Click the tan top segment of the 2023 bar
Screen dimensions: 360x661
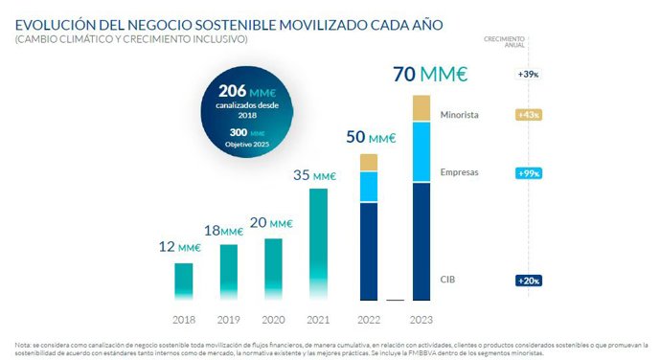(421, 108)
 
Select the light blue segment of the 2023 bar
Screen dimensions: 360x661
(421, 152)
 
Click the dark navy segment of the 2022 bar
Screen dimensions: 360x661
(369, 251)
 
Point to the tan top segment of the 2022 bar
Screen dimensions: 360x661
(369, 162)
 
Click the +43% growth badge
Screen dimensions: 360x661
(529, 115)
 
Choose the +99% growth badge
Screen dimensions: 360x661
(529, 173)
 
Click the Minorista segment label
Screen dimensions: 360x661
(466, 116)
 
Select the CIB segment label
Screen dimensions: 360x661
(448, 280)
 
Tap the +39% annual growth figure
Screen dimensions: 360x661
(529, 74)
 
